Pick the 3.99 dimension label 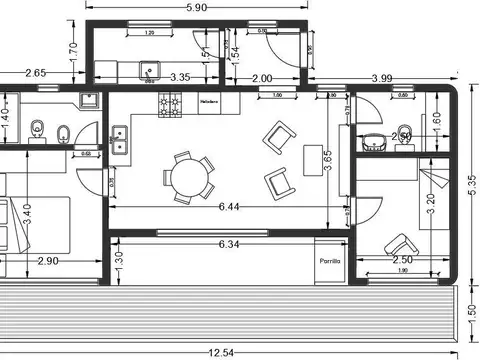click(x=381, y=77)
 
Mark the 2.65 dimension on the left click(x=35, y=72)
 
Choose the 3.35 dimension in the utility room click(x=181, y=77)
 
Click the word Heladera click(x=209, y=103)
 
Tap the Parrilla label click(x=330, y=260)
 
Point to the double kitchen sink click(x=120, y=139)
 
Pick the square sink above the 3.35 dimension click(x=152, y=71)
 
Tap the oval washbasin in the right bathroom click(x=377, y=142)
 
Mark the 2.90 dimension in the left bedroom click(x=47, y=261)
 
